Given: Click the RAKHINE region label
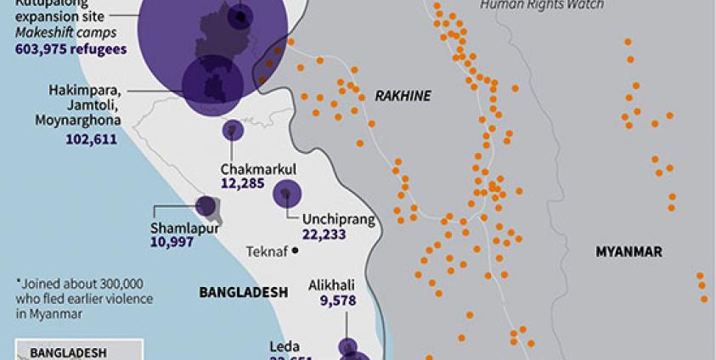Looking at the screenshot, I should [x=403, y=96].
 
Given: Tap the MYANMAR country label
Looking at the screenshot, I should [x=629, y=252].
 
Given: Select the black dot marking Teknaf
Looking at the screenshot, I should [x=295, y=250].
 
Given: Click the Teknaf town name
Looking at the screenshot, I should [x=266, y=251].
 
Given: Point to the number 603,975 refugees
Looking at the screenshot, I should [x=70, y=49].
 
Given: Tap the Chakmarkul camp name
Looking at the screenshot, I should [x=258, y=169].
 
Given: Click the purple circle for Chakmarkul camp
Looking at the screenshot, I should [x=233, y=130].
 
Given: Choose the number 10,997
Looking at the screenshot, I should [x=172, y=242].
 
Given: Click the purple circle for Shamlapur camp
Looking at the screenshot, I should [x=206, y=205].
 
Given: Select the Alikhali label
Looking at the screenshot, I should [x=331, y=286].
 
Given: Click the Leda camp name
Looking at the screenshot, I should [x=285, y=346].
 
